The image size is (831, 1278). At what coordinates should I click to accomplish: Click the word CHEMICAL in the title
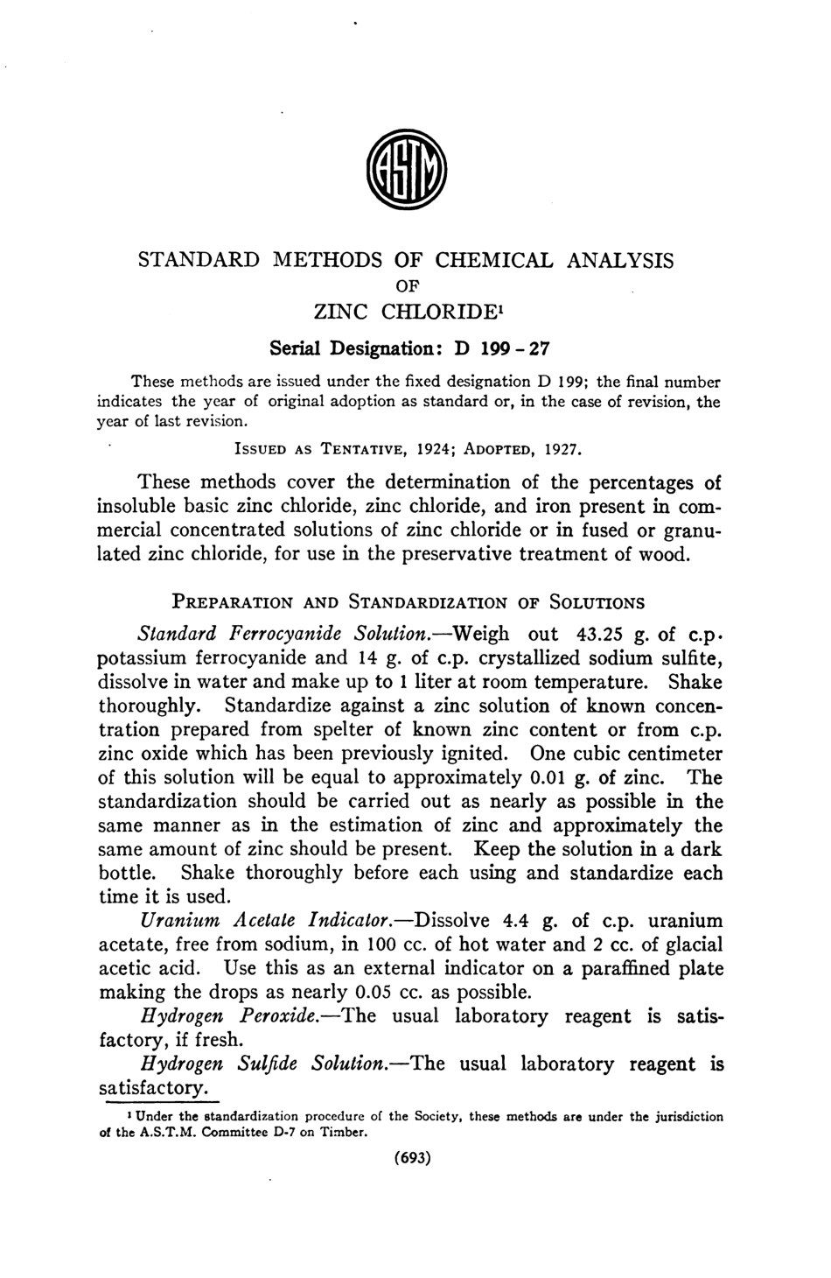pos(494,260)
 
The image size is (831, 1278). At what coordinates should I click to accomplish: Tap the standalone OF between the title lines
pos(408,284)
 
